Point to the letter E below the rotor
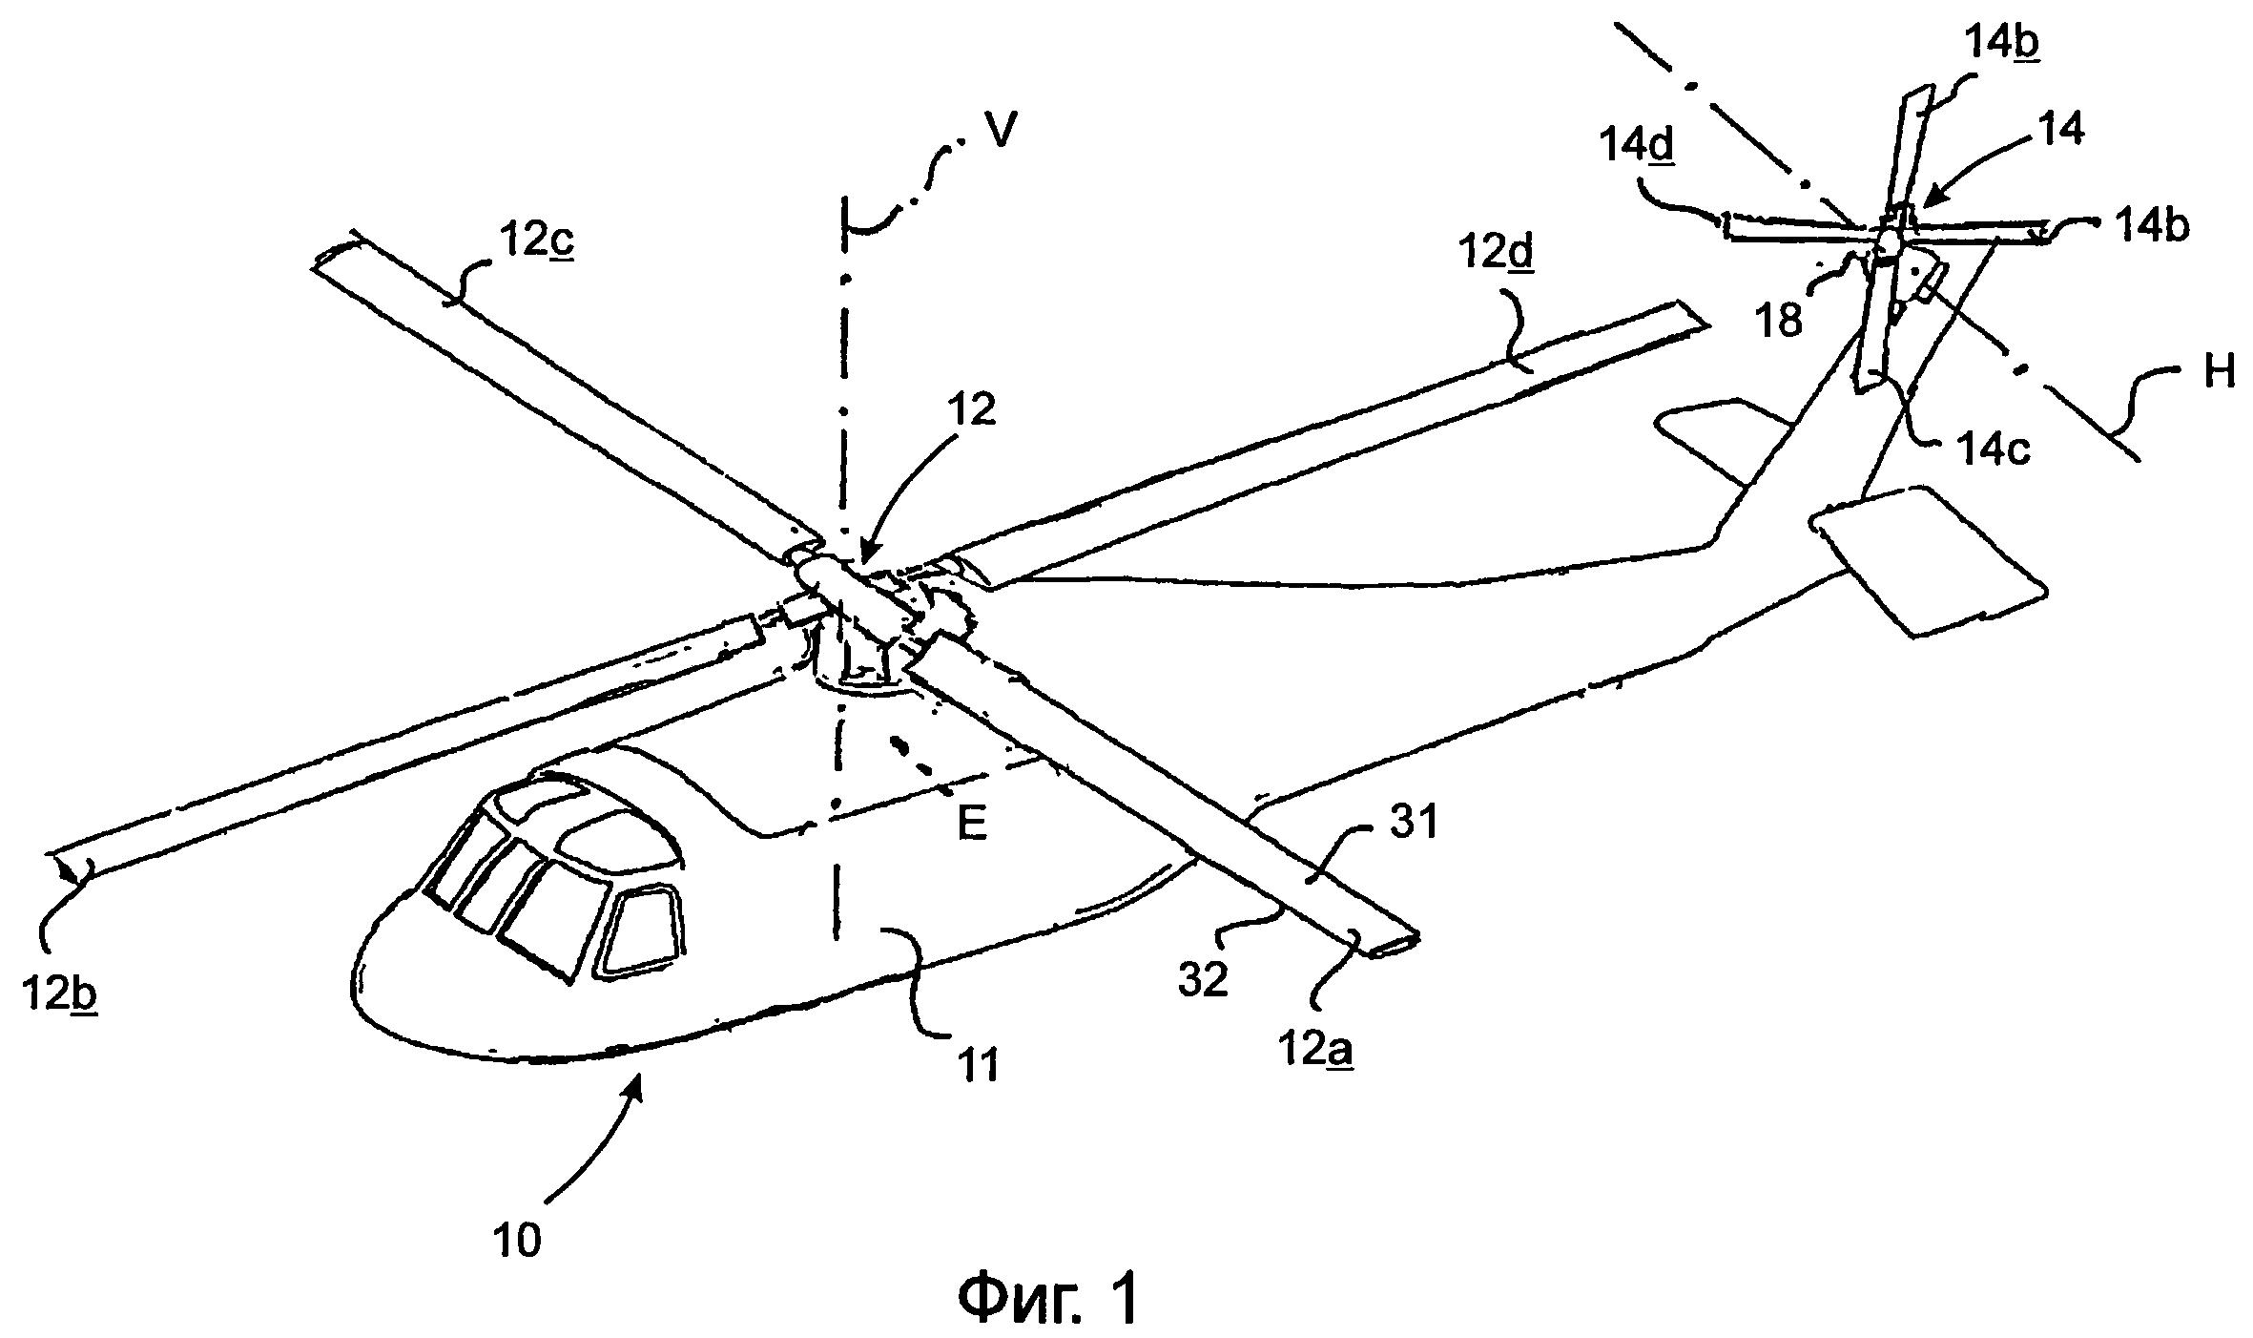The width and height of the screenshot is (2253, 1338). point(972,826)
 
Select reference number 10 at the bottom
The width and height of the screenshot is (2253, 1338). point(518,1240)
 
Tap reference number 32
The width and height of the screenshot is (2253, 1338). point(1203,979)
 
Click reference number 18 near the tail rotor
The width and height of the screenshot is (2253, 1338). point(1779,321)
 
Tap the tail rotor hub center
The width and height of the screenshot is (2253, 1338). point(1888,243)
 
